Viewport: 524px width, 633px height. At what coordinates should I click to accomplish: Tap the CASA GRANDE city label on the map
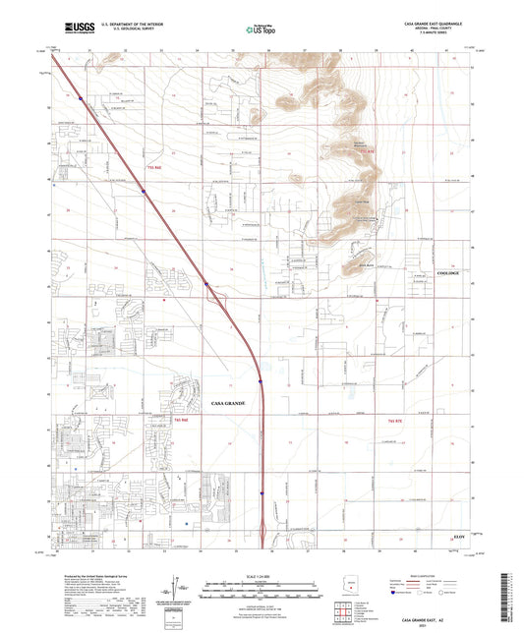coord(234,403)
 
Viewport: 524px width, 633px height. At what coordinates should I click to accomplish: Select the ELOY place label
coord(459,537)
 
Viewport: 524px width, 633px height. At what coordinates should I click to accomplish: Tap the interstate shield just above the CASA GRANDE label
coord(260,382)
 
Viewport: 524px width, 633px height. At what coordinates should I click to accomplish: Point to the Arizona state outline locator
coord(350,589)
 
